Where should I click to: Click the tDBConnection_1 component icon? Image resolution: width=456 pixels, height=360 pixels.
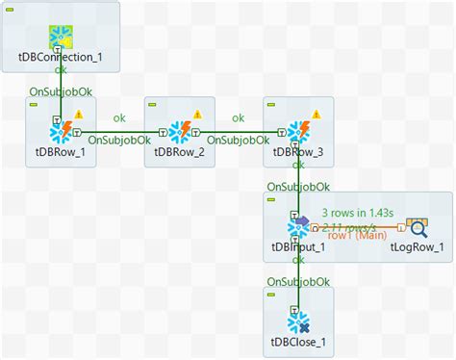pyautogui.click(x=61, y=36)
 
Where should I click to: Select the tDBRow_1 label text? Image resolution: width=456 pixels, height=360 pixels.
pyautogui.click(x=60, y=150)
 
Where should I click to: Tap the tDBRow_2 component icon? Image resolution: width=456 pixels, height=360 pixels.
pyautogui.click(x=180, y=131)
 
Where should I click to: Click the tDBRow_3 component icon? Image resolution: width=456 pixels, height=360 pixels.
pyautogui.click(x=298, y=131)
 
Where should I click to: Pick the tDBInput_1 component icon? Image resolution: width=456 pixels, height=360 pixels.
pyautogui.click(x=298, y=227)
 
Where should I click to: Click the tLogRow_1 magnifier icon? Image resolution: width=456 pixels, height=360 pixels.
pyautogui.click(x=418, y=227)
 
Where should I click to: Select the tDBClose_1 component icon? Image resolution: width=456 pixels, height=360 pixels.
pyautogui.click(x=298, y=321)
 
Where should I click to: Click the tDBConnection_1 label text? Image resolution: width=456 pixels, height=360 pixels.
pyautogui.click(x=61, y=57)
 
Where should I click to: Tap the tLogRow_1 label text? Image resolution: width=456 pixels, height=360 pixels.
pyautogui.click(x=418, y=246)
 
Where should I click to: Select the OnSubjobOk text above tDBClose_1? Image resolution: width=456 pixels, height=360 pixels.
pyautogui.click(x=298, y=282)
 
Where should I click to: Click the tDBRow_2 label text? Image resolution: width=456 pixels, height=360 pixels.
pyautogui.click(x=180, y=150)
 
